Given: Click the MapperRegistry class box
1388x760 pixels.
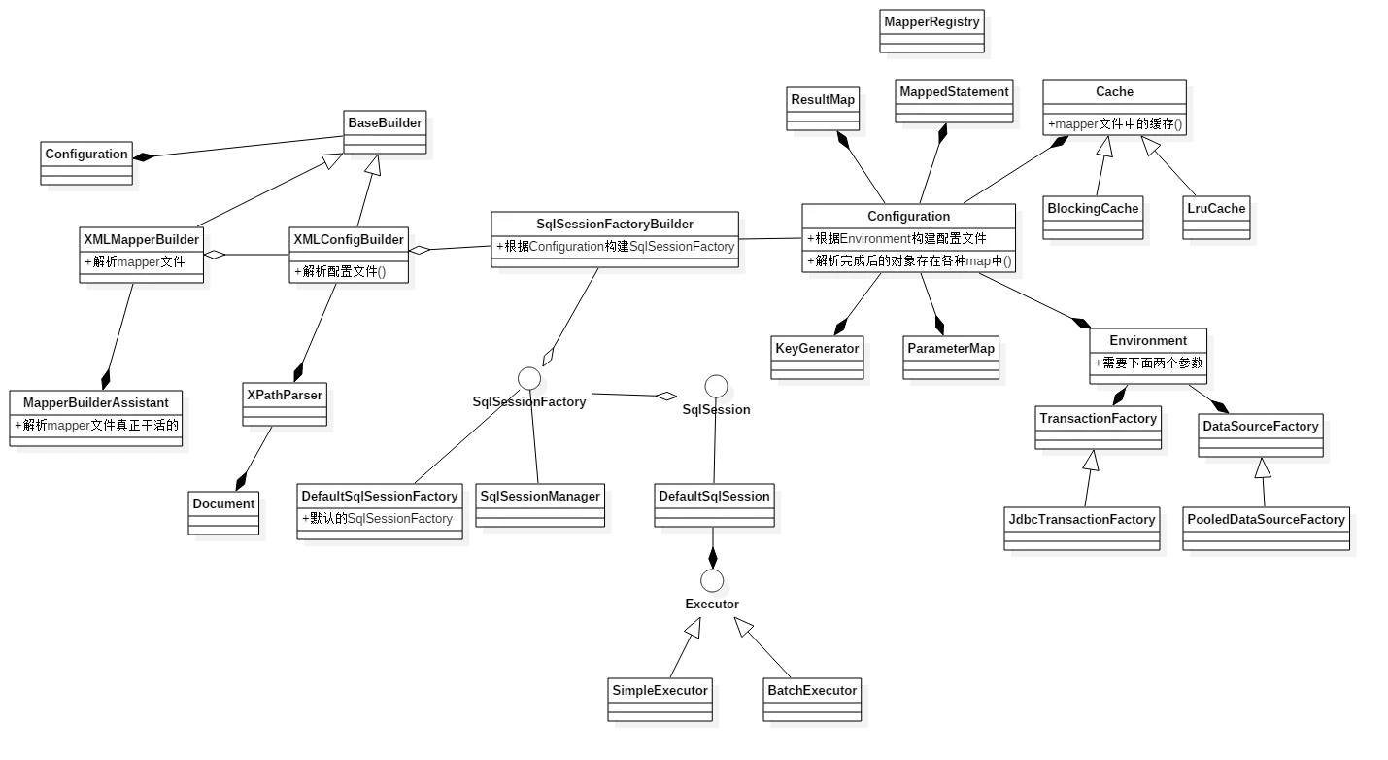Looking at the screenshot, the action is (931, 31).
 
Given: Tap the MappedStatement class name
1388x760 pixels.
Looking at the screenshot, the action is (953, 91).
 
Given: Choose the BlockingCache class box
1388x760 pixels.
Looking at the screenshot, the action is (1093, 219).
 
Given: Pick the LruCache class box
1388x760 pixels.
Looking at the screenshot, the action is (1215, 219).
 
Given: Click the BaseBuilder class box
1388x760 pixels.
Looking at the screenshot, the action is (385, 131).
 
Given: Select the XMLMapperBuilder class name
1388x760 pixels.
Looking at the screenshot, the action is (141, 239).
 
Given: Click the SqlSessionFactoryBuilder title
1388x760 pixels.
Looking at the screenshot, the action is (615, 224).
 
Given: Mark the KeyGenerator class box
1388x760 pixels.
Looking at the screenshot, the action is (817, 358).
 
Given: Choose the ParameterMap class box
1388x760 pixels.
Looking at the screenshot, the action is (951, 358).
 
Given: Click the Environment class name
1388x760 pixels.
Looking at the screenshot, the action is (1147, 341).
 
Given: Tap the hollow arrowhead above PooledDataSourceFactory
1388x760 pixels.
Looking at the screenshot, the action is (1262, 469).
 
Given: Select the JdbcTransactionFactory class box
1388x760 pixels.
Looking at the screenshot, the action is (1083, 529).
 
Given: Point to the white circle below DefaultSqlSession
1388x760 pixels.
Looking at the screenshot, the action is (712, 581).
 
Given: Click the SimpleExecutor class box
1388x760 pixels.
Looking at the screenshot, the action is (660, 700).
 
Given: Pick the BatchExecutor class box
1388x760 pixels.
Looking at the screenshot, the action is (812, 700).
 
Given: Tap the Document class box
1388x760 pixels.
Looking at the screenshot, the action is (223, 513).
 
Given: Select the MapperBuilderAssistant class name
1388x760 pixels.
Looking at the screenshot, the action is (95, 402).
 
